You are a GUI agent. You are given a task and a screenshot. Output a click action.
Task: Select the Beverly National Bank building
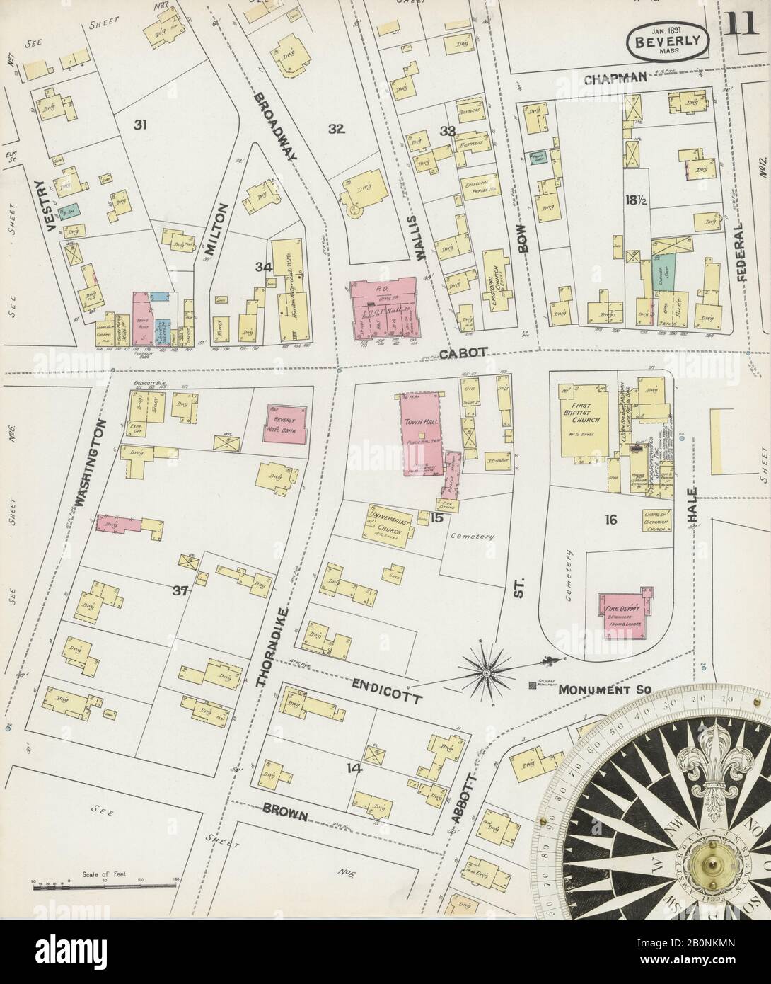[x=286, y=424]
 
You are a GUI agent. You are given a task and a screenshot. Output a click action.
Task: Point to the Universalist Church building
[x=388, y=524]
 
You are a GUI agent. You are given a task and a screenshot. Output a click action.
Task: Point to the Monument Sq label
[x=591, y=689]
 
